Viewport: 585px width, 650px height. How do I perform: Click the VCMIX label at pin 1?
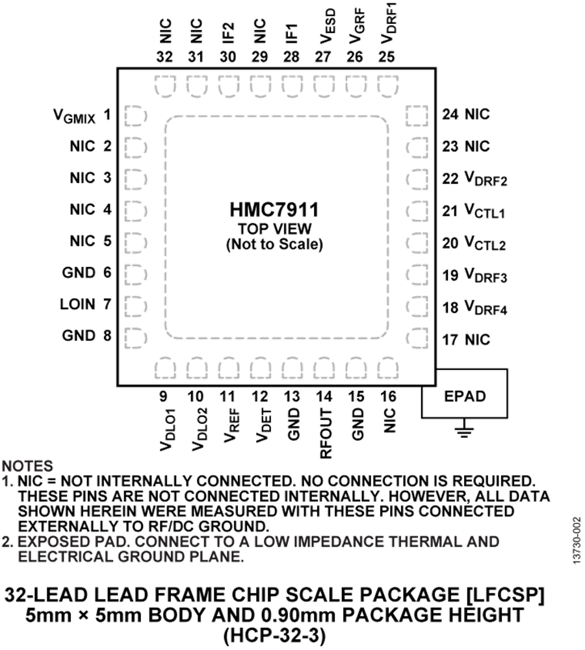pyautogui.click(x=75, y=117)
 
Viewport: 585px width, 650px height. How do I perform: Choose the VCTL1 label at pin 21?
pyautogui.click(x=485, y=211)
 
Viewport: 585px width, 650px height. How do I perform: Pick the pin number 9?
pyautogui.click(x=164, y=395)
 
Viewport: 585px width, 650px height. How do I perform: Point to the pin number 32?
pyautogui.click(x=164, y=57)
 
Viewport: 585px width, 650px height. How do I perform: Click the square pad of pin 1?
pyautogui.click(x=134, y=116)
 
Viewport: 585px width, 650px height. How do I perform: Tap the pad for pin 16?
pyautogui.click(x=387, y=368)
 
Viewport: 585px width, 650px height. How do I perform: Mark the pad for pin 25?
pyautogui.click(x=387, y=85)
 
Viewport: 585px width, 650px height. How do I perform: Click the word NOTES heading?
pyautogui.click(x=27, y=466)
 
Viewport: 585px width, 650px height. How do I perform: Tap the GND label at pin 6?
pyautogui.click(x=79, y=272)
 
